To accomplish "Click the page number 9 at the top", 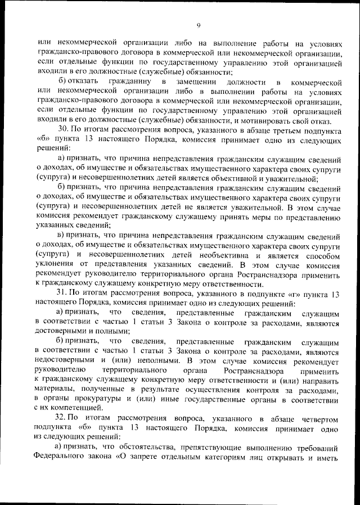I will coord(199,25).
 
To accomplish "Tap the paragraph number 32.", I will coord(62,420).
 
